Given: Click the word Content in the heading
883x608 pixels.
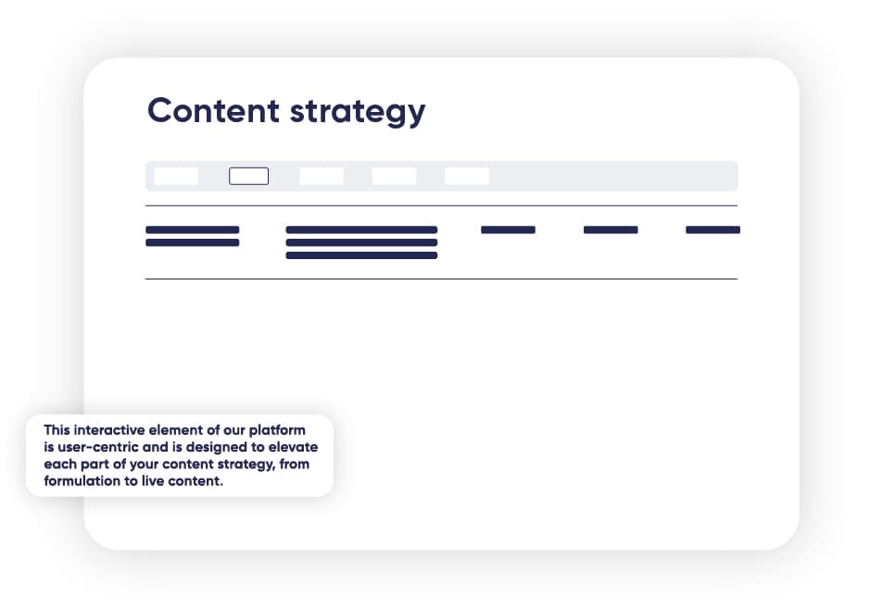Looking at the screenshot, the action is tap(213, 110).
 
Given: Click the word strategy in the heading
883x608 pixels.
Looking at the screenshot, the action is tap(358, 113).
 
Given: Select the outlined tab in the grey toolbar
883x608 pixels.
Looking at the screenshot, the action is tap(249, 176).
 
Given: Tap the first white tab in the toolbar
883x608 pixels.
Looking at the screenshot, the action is tap(176, 176).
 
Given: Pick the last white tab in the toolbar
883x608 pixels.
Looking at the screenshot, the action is tap(467, 176).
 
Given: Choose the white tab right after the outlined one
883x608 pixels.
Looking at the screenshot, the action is tap(322, 176).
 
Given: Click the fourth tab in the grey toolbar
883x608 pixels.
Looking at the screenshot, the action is tap(394, 176).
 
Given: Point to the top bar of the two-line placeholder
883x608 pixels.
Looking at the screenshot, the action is tap(193, 230).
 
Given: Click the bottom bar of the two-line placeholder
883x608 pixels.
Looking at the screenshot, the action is tap(193, 242).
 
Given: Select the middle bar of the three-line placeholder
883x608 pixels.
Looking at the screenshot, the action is tap(361, 242).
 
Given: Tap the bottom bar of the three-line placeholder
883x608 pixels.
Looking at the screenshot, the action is tap(361, 255).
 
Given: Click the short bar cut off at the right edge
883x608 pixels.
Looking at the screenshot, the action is tap(713, 230).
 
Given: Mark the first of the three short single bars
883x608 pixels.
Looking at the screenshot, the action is tap(508, 230).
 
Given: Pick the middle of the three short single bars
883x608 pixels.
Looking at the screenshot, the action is tap(611, 230).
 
